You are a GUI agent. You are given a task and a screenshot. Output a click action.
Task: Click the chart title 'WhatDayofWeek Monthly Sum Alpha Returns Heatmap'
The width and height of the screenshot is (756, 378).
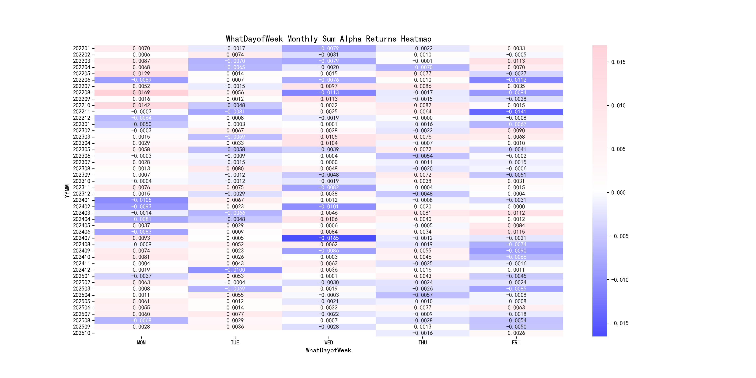tap(328, 39)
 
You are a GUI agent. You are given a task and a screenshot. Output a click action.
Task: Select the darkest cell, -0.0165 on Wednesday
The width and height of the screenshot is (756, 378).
tap(329, 238)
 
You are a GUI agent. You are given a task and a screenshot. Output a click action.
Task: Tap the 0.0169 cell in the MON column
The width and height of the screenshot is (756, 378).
tap(141, 92)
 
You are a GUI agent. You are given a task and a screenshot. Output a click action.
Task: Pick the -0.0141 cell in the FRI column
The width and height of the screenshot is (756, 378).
tap(516, 112)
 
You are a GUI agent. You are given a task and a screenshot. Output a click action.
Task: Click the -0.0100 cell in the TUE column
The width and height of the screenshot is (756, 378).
tap(235, 270)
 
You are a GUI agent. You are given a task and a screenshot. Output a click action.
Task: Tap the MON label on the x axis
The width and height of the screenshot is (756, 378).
tap(141, 343)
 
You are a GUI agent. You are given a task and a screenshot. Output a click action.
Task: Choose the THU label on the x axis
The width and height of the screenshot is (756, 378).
tap(422, 343)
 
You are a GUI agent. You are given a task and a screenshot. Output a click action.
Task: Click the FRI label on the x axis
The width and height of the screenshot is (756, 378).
tap(516, 343)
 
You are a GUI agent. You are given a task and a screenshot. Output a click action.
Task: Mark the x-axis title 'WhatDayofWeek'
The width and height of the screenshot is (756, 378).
tap(328, 350)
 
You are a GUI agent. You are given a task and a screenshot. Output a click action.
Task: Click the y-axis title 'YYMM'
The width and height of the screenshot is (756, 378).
tap(67, 191)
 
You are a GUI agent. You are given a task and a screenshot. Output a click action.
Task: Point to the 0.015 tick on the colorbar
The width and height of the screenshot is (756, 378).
tap(618, 62)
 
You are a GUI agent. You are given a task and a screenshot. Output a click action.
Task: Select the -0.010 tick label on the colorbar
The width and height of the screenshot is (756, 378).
tap(619, 280)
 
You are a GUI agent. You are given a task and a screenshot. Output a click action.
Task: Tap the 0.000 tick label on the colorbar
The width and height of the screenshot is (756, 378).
tap(618, 192)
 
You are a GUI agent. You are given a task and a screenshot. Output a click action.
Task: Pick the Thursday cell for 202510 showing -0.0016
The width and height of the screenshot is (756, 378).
tap(422, 333)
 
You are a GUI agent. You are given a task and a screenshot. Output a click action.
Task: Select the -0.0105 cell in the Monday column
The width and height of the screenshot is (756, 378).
tap(141, 200)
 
